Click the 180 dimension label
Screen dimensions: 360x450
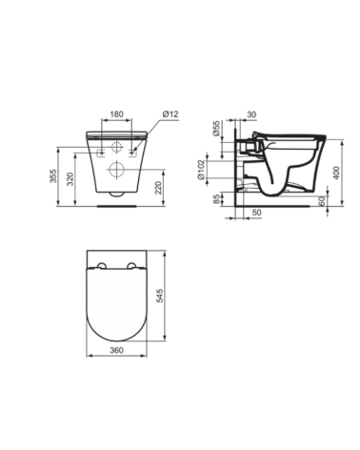116,114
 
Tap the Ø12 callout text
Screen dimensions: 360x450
170,113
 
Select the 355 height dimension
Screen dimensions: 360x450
53,175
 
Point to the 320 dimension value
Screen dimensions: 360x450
70,179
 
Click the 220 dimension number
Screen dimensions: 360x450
158,188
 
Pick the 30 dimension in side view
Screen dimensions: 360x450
251,114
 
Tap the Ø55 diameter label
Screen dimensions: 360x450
216,129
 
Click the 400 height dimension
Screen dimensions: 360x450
337,173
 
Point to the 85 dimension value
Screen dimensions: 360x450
216,199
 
